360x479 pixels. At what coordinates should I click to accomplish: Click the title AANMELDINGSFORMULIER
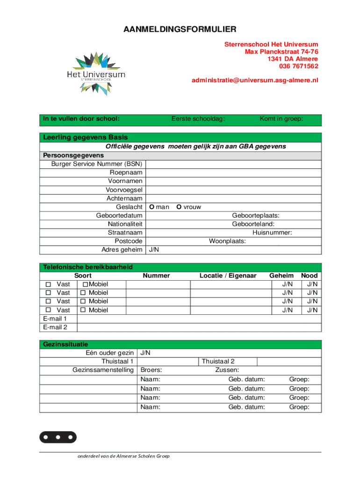pyautogui.click(x=180, y=30)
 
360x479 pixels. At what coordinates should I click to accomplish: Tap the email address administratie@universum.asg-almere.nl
pyautogui.click(x=255, y=80)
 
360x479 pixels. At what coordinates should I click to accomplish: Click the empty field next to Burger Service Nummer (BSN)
pyautogui.click(x=234, y=164)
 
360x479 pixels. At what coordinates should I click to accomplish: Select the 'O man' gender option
pyautogui.click(x=159, y=207)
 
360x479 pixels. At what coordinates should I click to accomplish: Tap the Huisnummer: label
pyautogui.click(x=272, y=232)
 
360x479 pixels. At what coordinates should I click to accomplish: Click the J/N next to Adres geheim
pyautogui.click(x=154, y=250)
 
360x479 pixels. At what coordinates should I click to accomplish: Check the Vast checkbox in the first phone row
pyautogui.click(x=48, y=284)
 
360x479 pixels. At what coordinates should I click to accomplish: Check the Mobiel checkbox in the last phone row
pyautogui.click(x=83, y=310)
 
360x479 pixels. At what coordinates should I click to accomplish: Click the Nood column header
pyautogui.click(x=309, y=276)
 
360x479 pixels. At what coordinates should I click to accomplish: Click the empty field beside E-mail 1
pyautogui.click(x=199, y=319)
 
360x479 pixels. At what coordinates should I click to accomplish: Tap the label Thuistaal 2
pyautogui.click(x=218, y=361)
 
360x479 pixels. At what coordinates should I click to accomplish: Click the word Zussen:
pyautogui.click(x=227, y=370)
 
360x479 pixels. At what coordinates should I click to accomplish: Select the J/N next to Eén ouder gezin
pyautogui.click(x=145, y=353)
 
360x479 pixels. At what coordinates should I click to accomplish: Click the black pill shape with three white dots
pyautogui.click(x=58, y=437)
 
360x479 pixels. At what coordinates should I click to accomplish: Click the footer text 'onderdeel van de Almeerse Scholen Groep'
pyautogui.click(x=123, y=456)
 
